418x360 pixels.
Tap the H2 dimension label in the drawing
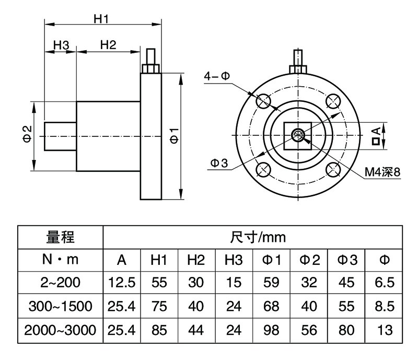(108, 45)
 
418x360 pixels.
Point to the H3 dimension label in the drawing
(61, 45)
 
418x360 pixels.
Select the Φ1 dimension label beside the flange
(175, 135)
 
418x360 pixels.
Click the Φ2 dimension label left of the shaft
(28, 135)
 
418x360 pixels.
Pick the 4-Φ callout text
(217, 76)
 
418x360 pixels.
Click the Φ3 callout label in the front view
(219, 164)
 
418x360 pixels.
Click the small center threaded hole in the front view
(298, 135)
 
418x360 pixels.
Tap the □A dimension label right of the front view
(375, 135)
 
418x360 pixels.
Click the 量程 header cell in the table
(61, 238)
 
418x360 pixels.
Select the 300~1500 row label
(61, 307)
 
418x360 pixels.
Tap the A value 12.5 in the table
(121, 283)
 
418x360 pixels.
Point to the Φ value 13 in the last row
(384, 330)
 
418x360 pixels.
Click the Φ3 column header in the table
(346, 260)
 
